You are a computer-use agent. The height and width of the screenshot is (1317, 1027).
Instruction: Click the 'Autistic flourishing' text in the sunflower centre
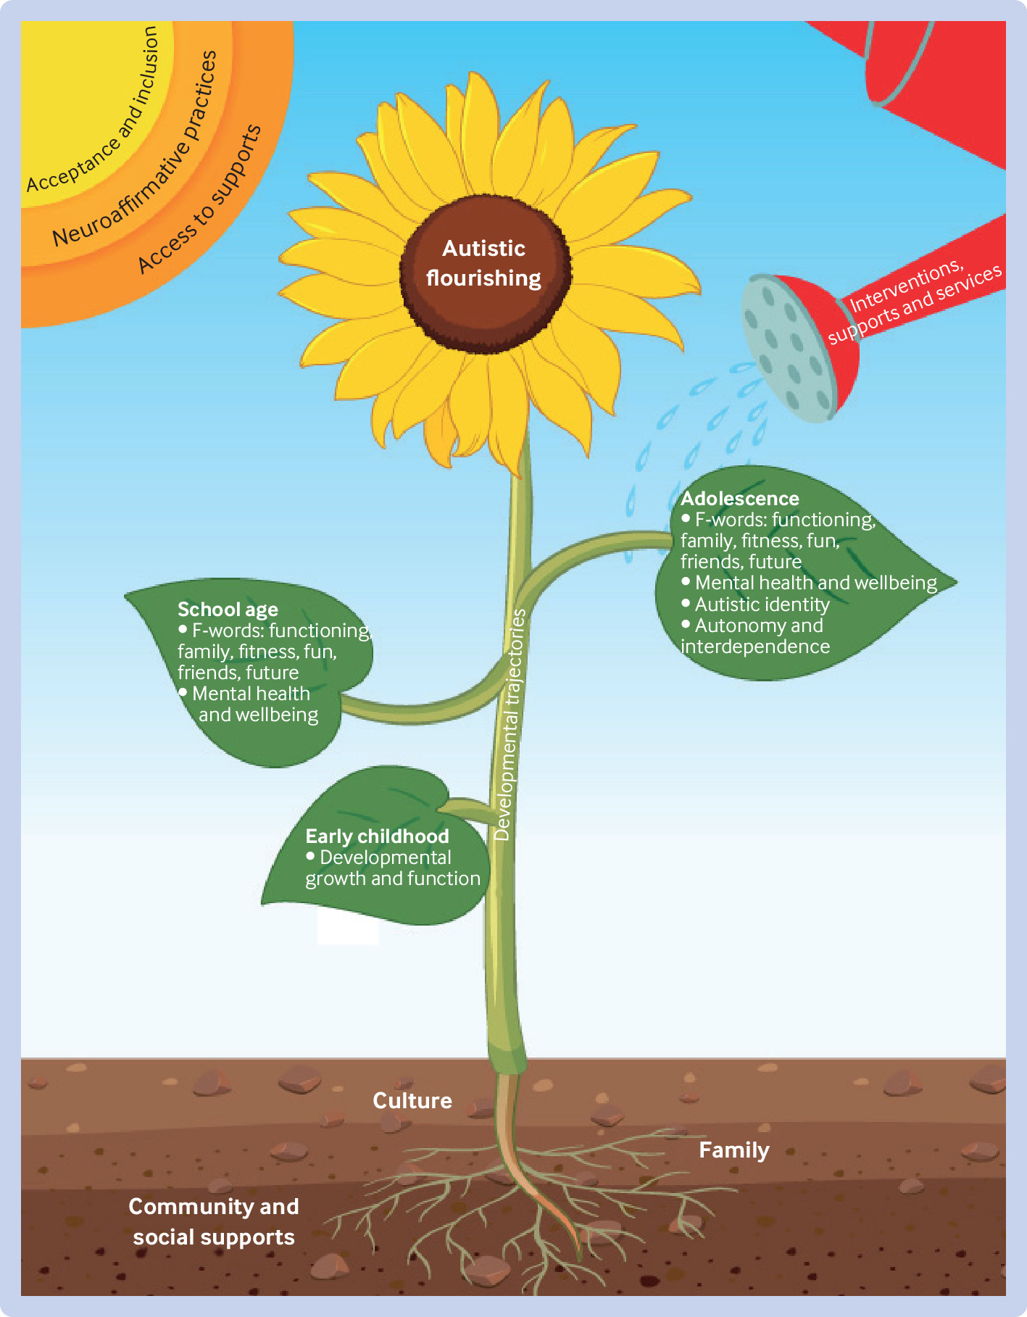tap(483, 263)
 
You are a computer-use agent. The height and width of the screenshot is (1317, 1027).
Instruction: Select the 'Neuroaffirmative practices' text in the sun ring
tap(135, 149)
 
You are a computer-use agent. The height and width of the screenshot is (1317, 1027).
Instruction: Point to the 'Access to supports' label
tap(199, 199)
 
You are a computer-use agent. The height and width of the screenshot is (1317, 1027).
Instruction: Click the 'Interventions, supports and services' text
tap(915, 302)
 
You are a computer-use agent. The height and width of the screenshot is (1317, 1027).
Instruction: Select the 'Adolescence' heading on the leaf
tap(739, 499)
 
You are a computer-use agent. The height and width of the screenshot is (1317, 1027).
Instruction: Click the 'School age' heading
tap(228, 610)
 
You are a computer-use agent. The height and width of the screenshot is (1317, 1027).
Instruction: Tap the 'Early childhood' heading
tap(377, 836)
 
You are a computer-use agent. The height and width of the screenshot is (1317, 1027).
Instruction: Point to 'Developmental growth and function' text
tap(393, 868)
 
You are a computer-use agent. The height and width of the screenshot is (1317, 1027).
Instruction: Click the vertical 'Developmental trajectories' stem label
tap(510, 724)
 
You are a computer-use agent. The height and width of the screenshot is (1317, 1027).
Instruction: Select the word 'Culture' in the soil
tap(412, 1100)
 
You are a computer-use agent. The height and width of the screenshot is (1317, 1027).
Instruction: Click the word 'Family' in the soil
tap(734, 1150)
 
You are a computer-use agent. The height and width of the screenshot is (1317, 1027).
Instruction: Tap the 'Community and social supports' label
tap(214, 1221)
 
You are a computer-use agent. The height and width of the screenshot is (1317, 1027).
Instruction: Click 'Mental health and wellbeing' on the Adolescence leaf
tap(815, 583)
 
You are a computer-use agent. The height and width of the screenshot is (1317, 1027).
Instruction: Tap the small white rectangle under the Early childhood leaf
tap(348, 928)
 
